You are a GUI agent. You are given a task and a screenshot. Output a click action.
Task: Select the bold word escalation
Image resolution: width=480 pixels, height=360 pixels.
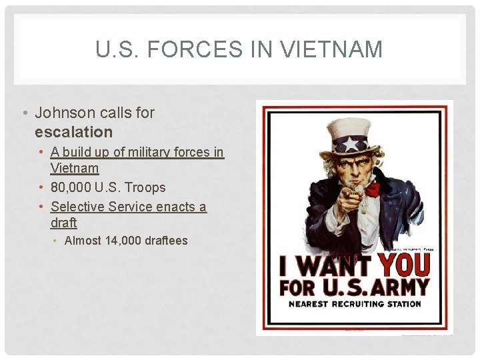[x=73, y=131]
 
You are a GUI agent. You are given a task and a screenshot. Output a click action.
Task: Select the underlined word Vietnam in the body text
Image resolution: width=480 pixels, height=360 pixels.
[x=75, y=168]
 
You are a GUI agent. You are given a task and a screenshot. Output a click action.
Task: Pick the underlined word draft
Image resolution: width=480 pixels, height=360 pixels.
[x=64, y=222]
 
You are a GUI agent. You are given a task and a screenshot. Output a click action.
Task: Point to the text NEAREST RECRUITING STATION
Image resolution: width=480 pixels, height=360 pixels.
[x=354, y=304]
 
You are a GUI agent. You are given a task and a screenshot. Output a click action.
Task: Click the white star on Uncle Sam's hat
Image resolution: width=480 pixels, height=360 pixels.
[x=351, y=143]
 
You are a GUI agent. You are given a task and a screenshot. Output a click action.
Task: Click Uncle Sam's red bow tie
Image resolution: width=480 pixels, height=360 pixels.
[x=371, y=189]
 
